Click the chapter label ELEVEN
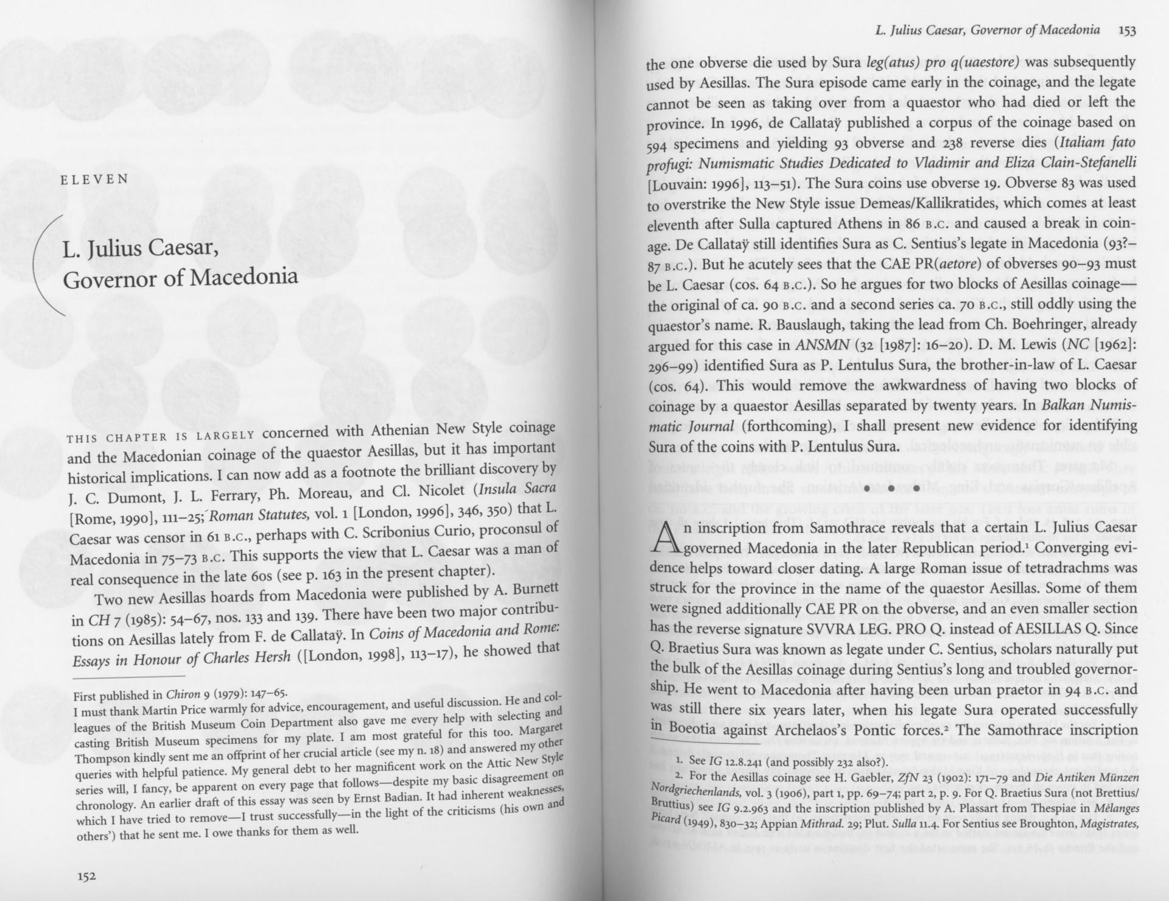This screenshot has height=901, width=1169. [94, 179]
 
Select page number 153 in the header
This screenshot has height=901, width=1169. [1127, 30]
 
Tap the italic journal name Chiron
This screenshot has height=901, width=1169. [183, 694]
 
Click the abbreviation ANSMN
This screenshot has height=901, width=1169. [822, 345]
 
